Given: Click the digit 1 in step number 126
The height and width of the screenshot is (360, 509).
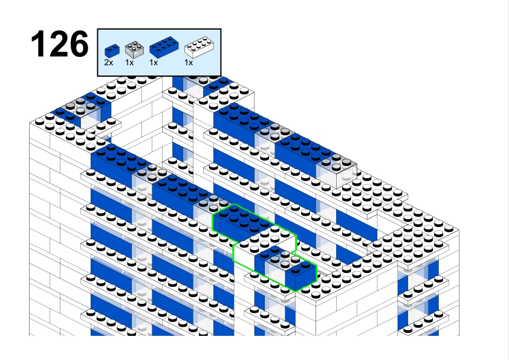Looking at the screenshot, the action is [39, 43].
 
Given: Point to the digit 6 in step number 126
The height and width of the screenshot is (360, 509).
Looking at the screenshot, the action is [79, 43].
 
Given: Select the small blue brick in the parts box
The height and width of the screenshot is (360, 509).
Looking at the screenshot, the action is [112, 51].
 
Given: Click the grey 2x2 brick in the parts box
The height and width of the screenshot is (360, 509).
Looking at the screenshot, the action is [134, 50].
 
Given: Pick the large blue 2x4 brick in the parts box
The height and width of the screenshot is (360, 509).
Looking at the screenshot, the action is [164, 47].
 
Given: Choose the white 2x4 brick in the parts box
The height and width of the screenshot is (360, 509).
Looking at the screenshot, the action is [199, 47].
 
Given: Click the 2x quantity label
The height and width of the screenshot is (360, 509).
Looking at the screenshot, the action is [108, 63].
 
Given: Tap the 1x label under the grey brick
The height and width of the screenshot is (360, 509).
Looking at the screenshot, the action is [129, 63].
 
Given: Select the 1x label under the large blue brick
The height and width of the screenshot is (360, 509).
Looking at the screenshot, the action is [154, 63].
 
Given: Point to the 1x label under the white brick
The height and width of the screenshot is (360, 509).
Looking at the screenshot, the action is [189, 63].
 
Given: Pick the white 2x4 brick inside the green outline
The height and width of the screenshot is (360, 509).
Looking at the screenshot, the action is [265, 245].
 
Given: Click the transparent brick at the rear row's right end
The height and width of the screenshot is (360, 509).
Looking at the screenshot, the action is [336, 170].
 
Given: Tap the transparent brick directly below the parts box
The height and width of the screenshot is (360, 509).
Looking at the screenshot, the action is [194, 85].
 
